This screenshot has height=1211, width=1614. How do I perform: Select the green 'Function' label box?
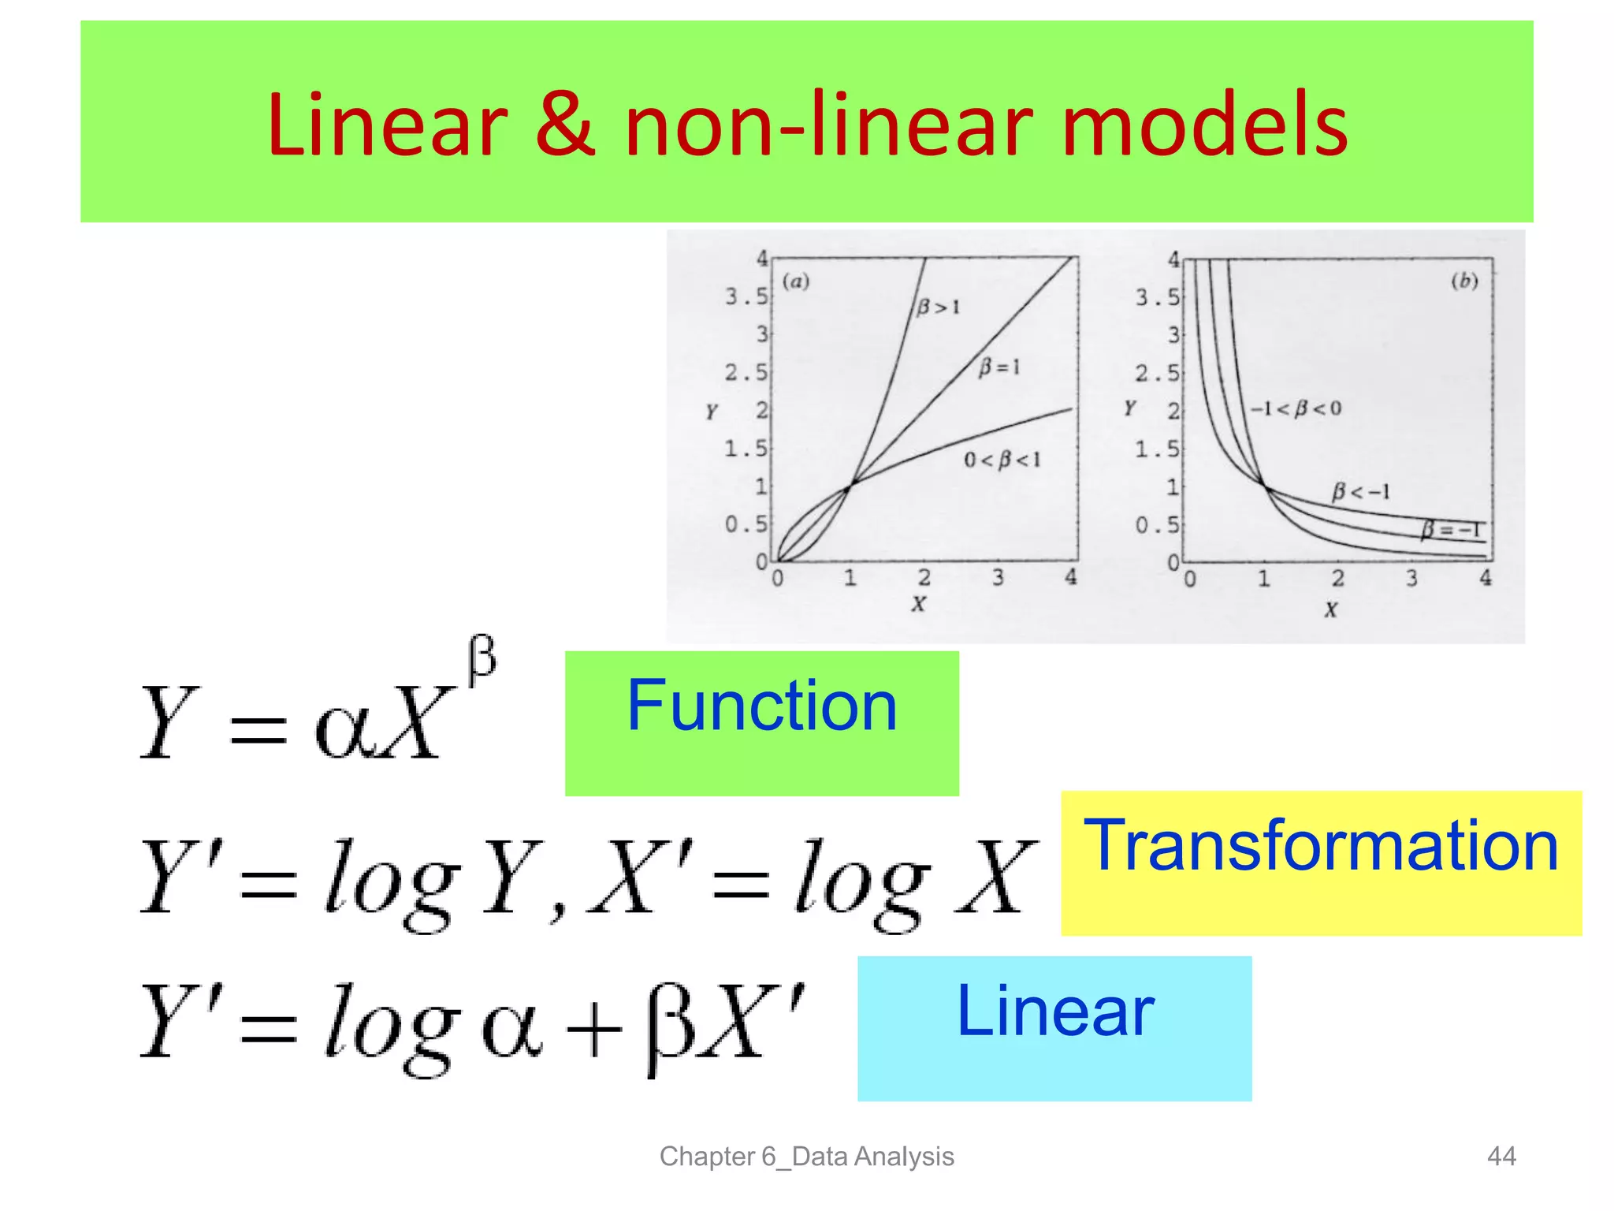click(761, 722)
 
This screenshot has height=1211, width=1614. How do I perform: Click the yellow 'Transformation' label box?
click(1321, 863)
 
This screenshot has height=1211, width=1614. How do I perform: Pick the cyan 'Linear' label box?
click(1054, 1028)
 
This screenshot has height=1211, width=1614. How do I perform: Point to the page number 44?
click(1501, 1156)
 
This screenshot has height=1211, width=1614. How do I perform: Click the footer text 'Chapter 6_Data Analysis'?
click(806, 1156)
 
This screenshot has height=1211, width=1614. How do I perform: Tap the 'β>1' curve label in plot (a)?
click(938, 306)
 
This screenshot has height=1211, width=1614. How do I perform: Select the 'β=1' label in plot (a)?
click(999, 367)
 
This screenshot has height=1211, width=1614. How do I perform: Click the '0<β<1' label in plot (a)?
click(1002, 460)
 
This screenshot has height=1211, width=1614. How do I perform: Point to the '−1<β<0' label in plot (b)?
click(1296, 408)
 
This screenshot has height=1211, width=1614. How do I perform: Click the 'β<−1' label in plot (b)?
click(1361, 492)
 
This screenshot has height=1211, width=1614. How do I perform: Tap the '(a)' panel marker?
click(796, 281)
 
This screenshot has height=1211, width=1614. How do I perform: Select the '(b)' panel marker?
click(1464, 281)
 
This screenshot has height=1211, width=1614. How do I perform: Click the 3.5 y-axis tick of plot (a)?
click(746, 296)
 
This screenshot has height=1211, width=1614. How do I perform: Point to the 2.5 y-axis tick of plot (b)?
click(1157, 373)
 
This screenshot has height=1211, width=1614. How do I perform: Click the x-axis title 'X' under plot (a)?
click(918, 605)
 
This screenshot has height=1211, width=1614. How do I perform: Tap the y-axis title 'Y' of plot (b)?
click(1130, 408)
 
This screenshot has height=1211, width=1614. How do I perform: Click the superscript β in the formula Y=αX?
click(482, 658)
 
